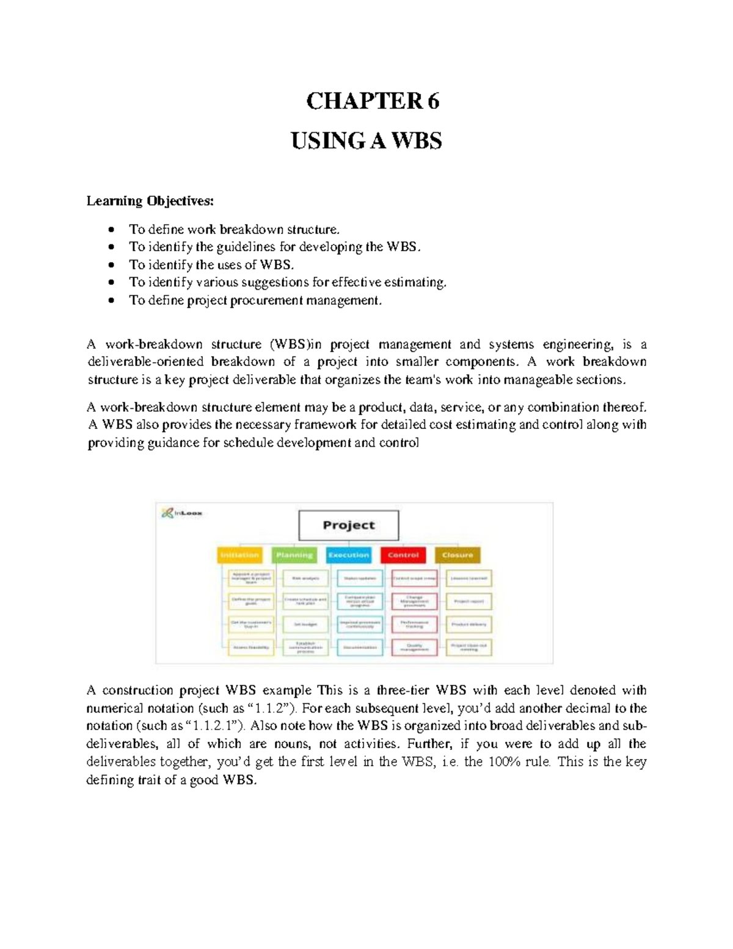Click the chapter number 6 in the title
click(433, 101)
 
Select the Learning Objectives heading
click(150, 201)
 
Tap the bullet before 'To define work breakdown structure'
click(111, 230)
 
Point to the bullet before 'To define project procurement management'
click(111, 301)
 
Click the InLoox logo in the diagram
click(182, 513)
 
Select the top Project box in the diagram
click(348, 526)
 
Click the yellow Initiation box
click(239, 555)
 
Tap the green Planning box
click(294, 555)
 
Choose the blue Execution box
click(348, 555)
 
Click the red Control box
click(403, 555)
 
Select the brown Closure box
click(458, 555)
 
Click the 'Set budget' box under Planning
click(305, 625)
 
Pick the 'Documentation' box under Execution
click(360, 647)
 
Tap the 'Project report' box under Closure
click(469, 601)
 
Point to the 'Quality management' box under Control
click(414, 647)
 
